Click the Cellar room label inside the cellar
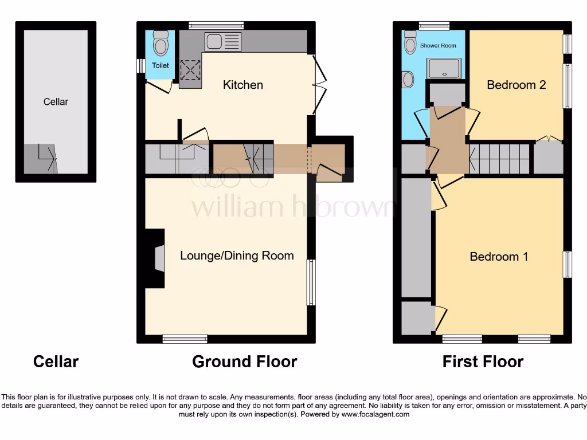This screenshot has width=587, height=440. [x=56, y=102]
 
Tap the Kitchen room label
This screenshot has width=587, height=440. [x=243, y=85]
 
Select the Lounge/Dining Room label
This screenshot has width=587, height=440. [x=237, y=256]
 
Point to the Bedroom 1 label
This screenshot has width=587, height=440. [x=499, y=257]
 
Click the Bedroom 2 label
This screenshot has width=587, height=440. [x=516, y=85]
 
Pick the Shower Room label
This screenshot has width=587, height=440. [x=438, y=45]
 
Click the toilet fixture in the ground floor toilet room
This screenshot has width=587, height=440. [x=161, y=45]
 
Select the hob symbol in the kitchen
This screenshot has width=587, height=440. [x=189, y=72]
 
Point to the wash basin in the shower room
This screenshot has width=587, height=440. [x=408, y=79]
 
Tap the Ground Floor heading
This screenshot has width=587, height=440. [x=244, y=362]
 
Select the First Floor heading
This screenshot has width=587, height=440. [x=483, y=362]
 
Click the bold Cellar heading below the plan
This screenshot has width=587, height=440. [x=56, y=362]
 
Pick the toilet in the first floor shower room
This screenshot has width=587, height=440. [x=410, y=41]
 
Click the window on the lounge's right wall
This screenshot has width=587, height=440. [x=311, y=282]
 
